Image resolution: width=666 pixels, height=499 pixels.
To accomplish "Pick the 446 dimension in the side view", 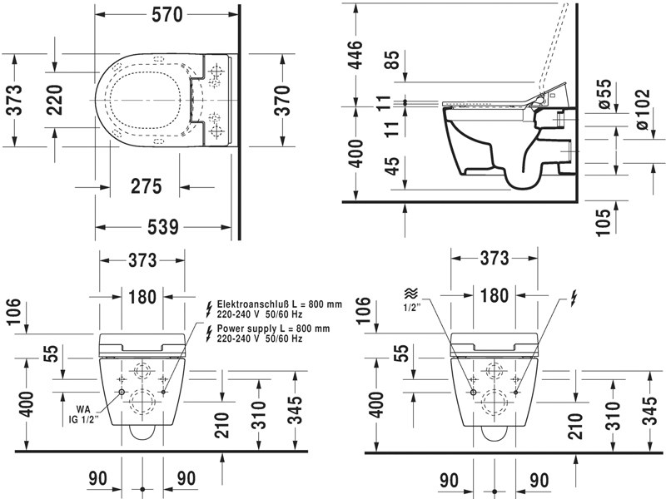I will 355,56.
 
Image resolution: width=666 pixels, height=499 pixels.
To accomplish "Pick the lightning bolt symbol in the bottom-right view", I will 573,296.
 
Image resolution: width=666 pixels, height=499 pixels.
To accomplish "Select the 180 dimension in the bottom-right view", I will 495,295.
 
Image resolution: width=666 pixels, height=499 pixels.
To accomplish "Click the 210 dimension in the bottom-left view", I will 221,424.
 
